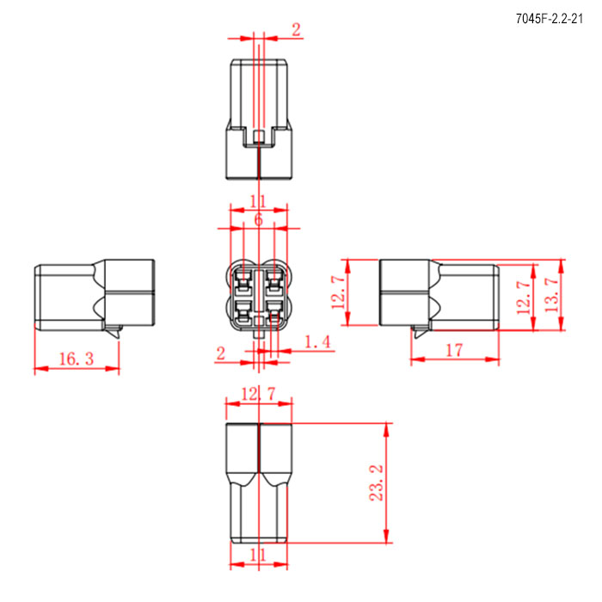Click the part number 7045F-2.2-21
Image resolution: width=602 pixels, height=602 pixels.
549,19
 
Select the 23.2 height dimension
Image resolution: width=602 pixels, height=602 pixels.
377,482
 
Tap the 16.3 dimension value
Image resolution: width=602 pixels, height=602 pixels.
77,359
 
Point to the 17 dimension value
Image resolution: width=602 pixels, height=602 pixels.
455,350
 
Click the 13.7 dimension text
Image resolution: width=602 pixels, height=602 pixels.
552,295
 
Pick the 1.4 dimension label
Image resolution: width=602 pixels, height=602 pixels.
317,341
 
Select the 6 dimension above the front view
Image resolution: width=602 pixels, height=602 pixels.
258,219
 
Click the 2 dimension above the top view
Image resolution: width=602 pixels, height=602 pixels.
296,29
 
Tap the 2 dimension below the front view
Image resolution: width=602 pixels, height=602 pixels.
220,353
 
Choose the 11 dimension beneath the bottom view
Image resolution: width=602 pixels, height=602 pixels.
258,555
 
